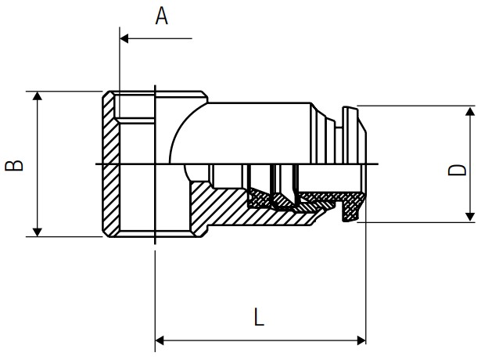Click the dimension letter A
click(x=162, y=16)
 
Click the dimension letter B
click(x=14, y=165)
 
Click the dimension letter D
click(x=457, y=170)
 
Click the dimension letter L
click(x=259, y=317)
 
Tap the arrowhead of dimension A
click(x=124, y=38)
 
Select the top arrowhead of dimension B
click(x=37, y=95)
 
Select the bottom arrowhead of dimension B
click(x=37, y=232)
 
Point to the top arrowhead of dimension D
click(x=470, y=111)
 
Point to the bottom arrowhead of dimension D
click(x=470, y=217)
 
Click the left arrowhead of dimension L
click(x=160, y=340)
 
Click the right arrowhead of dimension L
click(x=361, y=340)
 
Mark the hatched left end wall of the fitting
click(x=110, y=164)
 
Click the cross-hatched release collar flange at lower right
click(x=353, y=207)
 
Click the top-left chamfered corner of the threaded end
click(x=106, y=94)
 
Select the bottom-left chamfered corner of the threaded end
click(x=106, y=233)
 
